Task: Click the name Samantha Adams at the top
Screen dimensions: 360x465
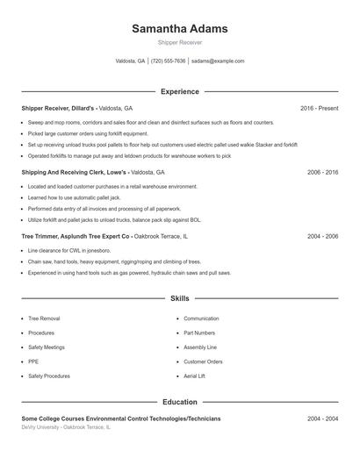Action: [x=179, y=28]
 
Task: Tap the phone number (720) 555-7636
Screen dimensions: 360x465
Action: [x=169, y=61]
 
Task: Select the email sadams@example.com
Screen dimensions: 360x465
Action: [x=218, y=61]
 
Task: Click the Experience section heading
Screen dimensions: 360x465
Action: [x=179, y=91]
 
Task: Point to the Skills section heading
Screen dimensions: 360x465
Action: [x=179, y=299]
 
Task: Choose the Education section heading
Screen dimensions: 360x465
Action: [x=179, y=402]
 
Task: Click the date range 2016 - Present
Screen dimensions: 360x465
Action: [x=319, y=108]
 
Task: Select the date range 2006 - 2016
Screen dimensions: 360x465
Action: [x=322, y=172]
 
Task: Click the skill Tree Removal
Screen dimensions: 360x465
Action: [x=44, y=318]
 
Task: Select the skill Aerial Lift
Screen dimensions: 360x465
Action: [x=195, y=376]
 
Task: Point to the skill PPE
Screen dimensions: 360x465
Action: [x=33, y=361]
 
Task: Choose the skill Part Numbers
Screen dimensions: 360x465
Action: [x=199, y=333]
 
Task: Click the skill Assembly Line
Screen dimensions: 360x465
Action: [x=200, y=347]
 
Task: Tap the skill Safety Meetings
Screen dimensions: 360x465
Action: [x=47, y=347]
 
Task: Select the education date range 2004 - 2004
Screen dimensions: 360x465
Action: [x=322, y=418]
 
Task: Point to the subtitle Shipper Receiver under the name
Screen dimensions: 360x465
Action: [x=179, y=42]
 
